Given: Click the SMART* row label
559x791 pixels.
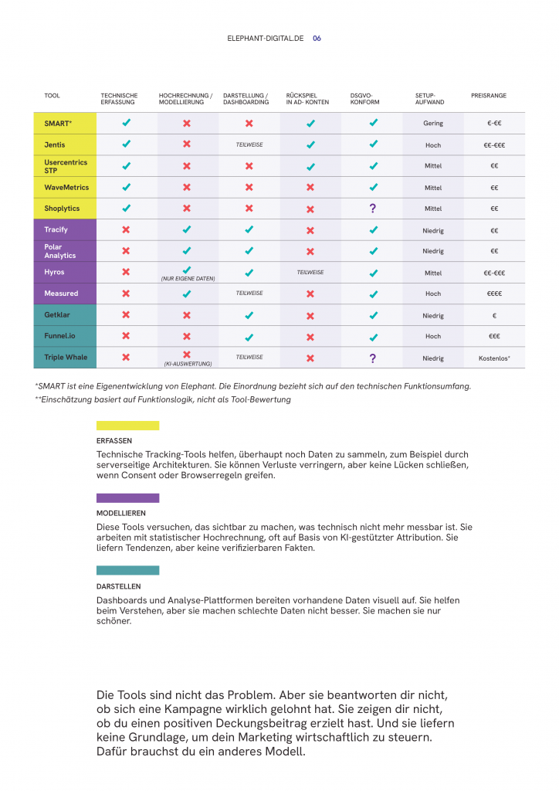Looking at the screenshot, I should [58, 124].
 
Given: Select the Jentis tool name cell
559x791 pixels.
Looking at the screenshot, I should [55, 144].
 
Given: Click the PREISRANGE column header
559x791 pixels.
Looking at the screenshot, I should [489, 96].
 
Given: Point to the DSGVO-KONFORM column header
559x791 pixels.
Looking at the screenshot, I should [365, 99].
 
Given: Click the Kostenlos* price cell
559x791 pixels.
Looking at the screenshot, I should [494, 358].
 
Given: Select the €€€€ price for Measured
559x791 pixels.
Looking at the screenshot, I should [494, 294].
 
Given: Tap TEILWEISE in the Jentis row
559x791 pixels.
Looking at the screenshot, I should [249, 144].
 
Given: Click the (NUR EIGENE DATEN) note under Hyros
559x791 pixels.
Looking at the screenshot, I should [187, 278].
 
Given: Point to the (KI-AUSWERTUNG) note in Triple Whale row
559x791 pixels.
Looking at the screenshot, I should [187, 363].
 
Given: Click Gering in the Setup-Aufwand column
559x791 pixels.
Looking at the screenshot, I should [433, 124].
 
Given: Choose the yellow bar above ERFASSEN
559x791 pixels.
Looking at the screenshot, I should [127, 426].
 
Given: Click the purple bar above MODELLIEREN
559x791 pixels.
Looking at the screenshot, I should [127, 498].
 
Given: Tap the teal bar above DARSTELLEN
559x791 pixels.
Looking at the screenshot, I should [127, 570].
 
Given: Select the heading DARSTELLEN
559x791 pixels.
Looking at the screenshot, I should [118, 586].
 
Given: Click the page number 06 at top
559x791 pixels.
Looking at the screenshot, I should [317, 38].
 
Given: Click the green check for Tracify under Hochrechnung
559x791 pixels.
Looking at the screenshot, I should [186, 229].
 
